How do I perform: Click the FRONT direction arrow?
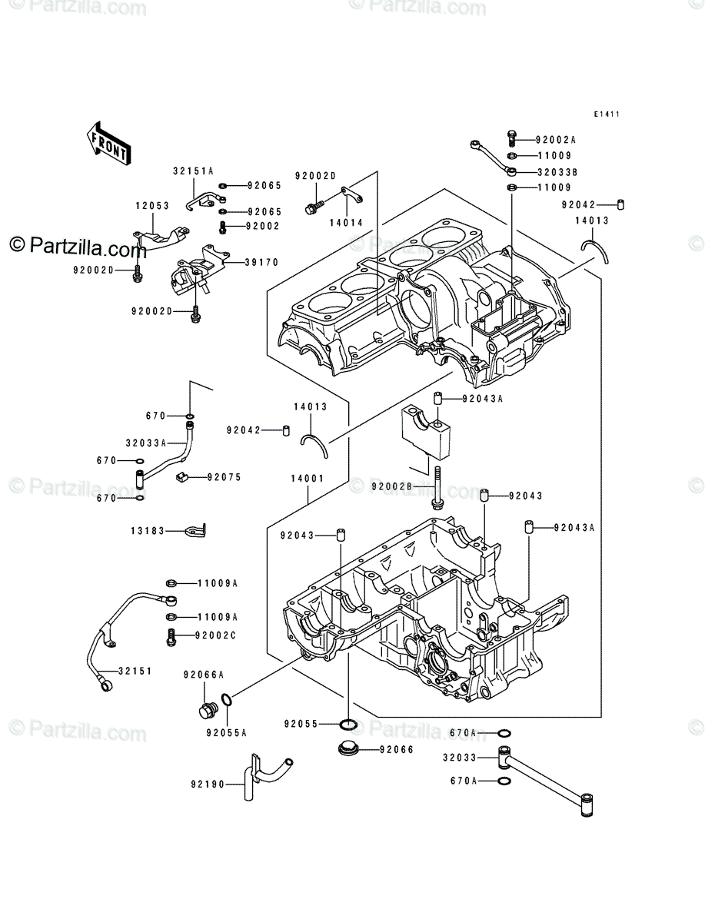[x=109, y=144]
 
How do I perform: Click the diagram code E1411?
[x=607, y=114]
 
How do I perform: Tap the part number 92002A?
[x=555, y=140]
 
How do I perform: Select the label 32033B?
[x=557, y=172]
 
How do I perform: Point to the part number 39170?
[x=261, y=263]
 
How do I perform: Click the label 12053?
[x=152, y=206]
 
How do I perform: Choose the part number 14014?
[x=346, y=223]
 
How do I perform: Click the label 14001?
[x=307, y=479]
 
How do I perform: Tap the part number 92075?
[x=224, y=477]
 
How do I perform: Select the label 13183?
[x=148, y=531]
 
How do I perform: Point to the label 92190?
[x=208, y=784]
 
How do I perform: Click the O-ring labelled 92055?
[x=348, y=725]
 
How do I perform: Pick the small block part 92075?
[x=181, y=478]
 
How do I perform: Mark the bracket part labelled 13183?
[x=196, y=531]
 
